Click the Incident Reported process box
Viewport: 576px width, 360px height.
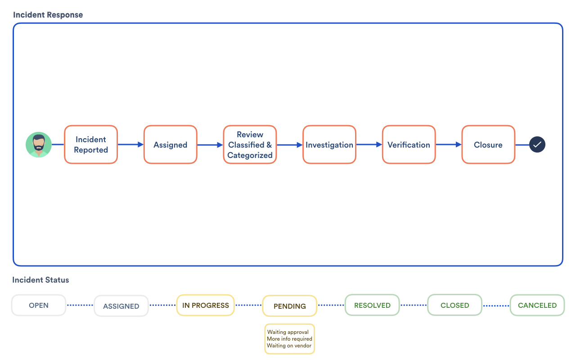[x=91, y=144]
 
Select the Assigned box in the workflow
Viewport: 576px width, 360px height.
[x=170, y=144]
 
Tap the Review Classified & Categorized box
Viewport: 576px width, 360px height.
[x=250, y=144]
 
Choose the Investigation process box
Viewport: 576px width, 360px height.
[x=329, y=144]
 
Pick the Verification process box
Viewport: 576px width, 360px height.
[x=409, y=144]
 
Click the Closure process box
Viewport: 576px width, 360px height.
[x=488, y=144]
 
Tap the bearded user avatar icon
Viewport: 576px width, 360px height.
[x=39, y=145]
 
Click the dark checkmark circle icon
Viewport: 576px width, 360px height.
[x=537, y=144]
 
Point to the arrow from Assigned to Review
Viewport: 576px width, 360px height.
[x=210, y=145]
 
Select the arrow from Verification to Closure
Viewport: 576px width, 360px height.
[x=449, y=144]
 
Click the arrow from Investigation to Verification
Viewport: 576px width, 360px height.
[x=369, y=144]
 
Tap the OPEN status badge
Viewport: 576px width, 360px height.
[x=39, y=305]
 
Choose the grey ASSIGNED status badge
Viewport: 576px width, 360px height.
[x=121, y=306]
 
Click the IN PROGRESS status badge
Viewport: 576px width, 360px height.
[x=206, y=305]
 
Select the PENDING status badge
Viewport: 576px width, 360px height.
[x=290, y=306]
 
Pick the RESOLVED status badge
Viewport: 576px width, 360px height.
[x=372, y=305]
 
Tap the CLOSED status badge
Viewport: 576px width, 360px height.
[x=454, y=305]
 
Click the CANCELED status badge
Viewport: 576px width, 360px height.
[x=537, y=305]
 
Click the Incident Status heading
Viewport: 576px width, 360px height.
[x=41, y=280]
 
